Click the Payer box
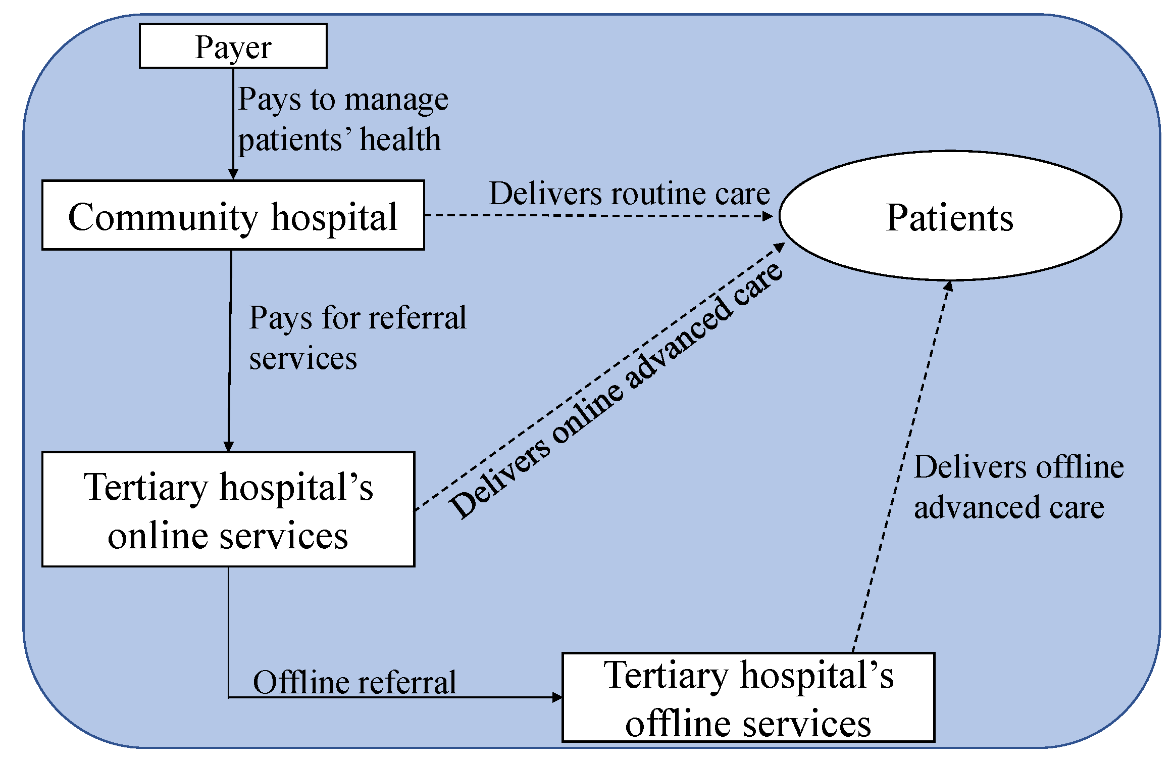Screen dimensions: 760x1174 point(233,46)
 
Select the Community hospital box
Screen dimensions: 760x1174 point(233,215)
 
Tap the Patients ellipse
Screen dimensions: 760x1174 point(949,216)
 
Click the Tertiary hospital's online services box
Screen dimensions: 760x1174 point(228,509)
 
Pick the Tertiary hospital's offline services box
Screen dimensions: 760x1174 point(748,697)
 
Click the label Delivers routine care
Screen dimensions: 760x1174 point(629,194)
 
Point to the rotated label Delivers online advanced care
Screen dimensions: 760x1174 point(616,392)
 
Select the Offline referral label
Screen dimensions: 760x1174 point(354,683)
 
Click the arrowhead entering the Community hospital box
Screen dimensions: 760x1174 point(233,174)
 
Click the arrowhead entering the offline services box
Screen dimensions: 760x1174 point(557,697)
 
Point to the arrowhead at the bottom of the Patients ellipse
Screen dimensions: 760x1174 point(948,286)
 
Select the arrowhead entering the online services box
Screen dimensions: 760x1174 point(228,446)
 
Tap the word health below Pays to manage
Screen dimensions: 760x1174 point(400,140)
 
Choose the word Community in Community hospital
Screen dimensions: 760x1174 point(163,217)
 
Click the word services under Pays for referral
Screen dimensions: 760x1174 point(303,359)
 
